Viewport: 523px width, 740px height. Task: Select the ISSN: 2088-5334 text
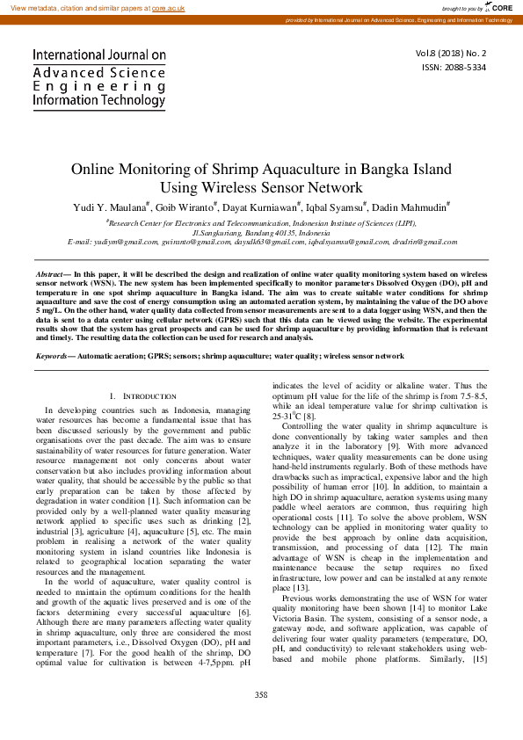(454, 67)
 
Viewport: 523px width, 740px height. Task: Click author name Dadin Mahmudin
(414, 207)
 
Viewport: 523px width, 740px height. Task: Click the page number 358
(261, 720)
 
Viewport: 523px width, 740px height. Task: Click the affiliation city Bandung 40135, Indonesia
(287, 233)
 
